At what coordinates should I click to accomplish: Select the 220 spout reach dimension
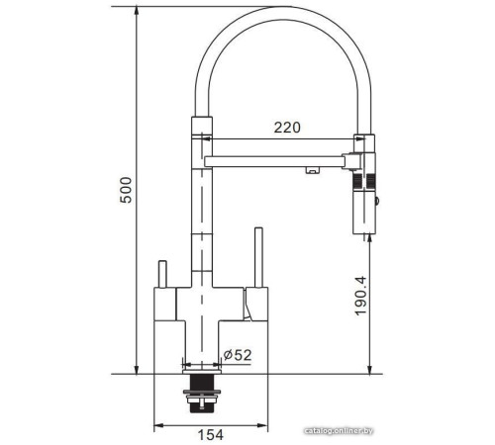click(287, 127)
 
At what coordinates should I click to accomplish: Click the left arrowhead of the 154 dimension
click(158, 426)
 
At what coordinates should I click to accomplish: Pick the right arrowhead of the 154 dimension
click(264, 426)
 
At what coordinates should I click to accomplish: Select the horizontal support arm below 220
click(277, 157)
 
